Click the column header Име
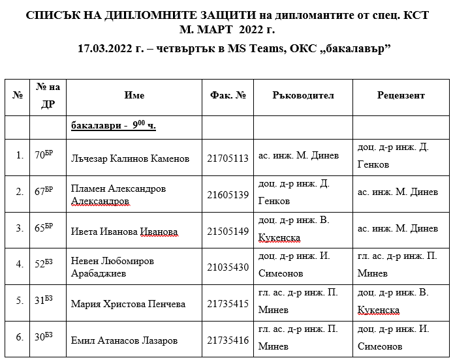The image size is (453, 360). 134,95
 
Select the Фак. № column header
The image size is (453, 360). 228,95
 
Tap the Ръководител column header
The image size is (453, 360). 303,95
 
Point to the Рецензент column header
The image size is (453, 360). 400,95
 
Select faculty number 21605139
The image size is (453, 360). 228,194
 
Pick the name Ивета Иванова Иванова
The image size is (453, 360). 124,231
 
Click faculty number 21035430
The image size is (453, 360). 228,267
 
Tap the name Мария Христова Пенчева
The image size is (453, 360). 128,304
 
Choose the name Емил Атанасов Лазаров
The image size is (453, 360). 124,340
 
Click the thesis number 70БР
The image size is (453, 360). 44,155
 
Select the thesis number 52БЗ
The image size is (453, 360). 44,264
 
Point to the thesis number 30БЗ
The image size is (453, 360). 44,337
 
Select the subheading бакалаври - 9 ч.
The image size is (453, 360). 114,127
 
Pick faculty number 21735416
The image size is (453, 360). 228,340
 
